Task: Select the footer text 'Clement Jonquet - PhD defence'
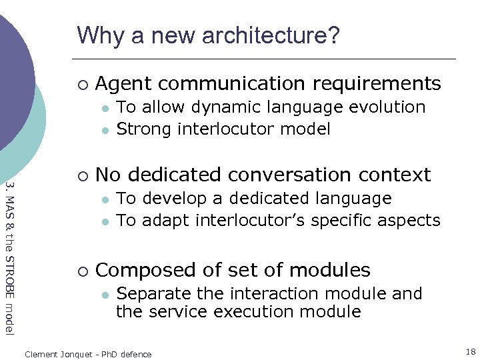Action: tap(88, 354)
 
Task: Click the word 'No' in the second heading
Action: tap(108, 175)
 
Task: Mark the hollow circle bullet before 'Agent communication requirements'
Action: tap(81, 85)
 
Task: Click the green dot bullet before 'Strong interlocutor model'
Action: tap(104, 129)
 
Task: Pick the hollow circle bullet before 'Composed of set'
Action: tap(81, 271)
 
